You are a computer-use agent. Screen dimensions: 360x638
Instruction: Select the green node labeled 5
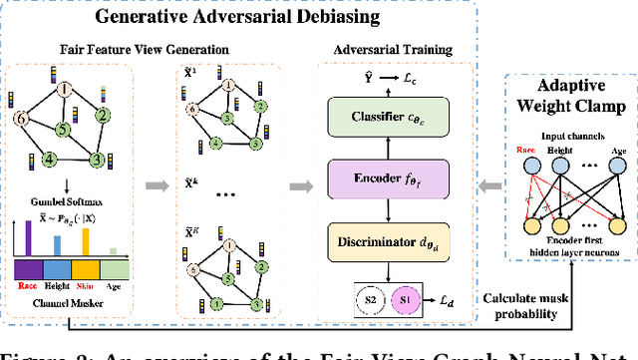click(62, 130)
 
